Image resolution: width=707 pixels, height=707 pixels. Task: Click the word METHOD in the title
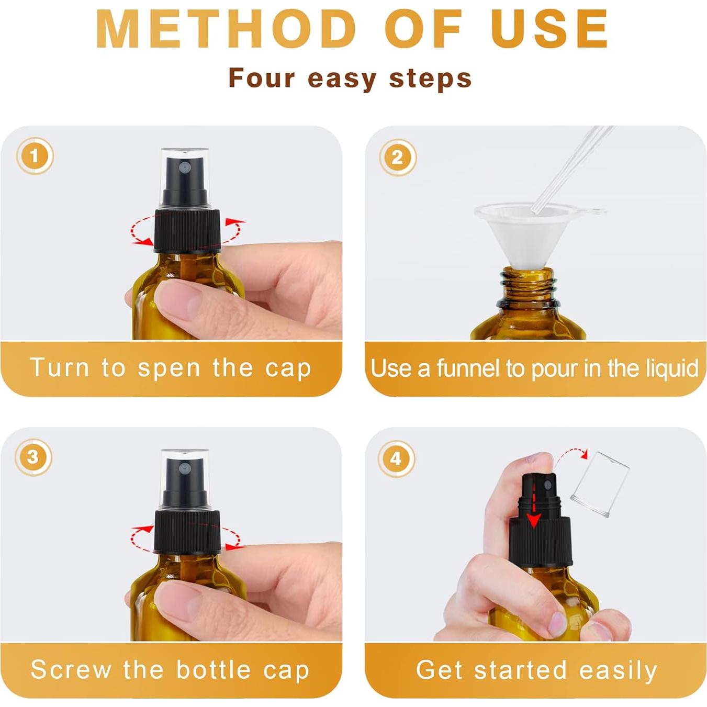click(x=226, y=29)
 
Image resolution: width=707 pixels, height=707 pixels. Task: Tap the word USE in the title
click(x=551, y=29)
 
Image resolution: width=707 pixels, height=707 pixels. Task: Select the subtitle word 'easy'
click(x=342, y=79)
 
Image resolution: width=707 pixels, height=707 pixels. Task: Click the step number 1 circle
click(x=35, y=156)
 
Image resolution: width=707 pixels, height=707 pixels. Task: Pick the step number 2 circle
click(x=398, y=158)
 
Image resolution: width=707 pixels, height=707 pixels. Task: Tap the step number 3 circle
click(x=33, y=457)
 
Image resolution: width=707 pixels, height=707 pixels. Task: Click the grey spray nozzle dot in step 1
click(x=184, y=167)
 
